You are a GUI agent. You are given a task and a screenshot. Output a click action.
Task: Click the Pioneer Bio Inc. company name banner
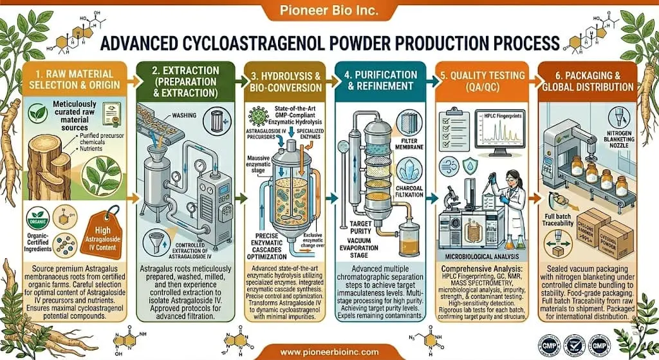[329, 11]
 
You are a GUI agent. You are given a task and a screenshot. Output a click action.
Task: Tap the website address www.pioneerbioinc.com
[329, 352]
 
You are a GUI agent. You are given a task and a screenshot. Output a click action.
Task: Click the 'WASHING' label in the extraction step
[187, 116]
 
